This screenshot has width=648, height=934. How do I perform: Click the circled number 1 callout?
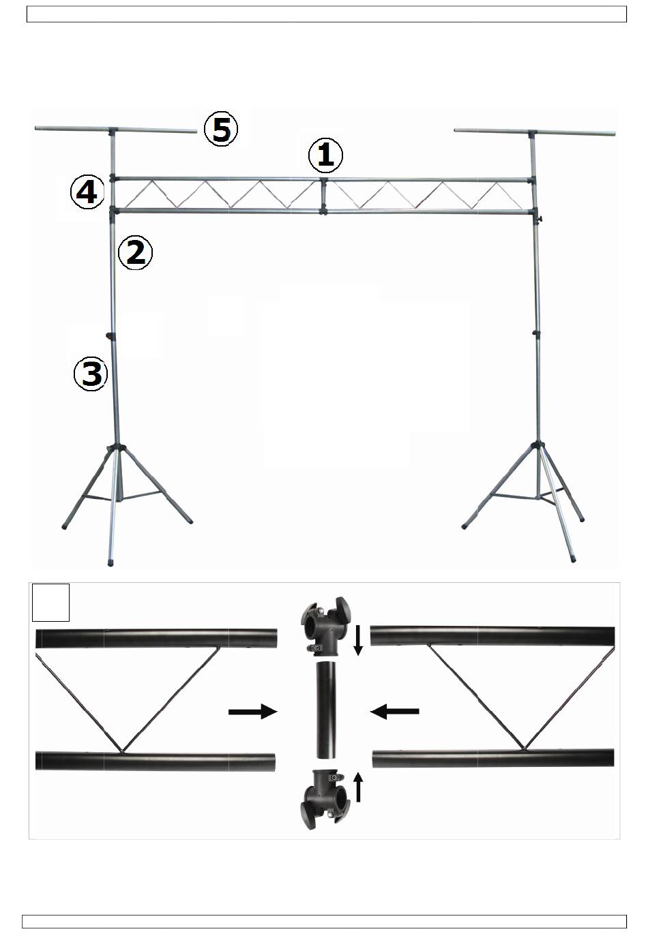[x=325, y=155]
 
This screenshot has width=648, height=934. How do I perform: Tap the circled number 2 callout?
[x=135, y=252]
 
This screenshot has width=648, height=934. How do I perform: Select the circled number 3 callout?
[x=91, y=374]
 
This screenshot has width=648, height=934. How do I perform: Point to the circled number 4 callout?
[x=87, y=192]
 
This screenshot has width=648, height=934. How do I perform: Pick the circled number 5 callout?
[x=221, y=129]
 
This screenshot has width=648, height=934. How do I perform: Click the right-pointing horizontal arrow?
[x=253, y=711]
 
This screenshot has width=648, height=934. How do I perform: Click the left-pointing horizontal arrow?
[x=394, y=711]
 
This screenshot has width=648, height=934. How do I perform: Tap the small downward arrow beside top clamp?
[x=358, y=640]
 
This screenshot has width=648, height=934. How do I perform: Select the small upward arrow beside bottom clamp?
[x=358, y=787]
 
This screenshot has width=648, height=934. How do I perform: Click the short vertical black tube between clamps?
[x=326, y=709]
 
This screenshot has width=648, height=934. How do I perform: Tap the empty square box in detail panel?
[x=51, y=603]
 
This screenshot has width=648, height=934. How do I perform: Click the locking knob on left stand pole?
[x=111, y=335]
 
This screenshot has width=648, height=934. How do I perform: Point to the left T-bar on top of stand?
[x=115, y=130]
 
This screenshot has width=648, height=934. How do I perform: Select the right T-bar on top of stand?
[x=535, y=133]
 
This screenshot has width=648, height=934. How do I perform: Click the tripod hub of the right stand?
[x=538, y=446]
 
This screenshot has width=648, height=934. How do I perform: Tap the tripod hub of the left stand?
[x=117, y=448]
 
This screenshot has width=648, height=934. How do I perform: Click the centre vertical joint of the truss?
[x=323, y=196]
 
